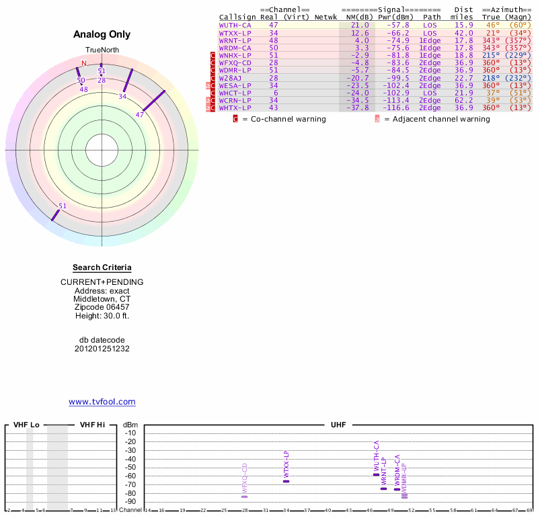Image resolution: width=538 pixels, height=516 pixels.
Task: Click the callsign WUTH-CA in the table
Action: (x=235, y=25)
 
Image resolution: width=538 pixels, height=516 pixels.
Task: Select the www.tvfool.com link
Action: (x=102, y=402)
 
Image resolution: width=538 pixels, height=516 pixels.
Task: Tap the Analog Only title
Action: (x=102, y=34)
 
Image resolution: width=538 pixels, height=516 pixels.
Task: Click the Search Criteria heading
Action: (x=102, y=267)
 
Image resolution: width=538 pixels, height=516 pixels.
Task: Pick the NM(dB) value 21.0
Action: (x=360, y=25)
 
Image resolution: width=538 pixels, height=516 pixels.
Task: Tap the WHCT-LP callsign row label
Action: (x=235, y=93)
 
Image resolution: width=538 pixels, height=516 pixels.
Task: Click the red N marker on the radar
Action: (x=84, y=63)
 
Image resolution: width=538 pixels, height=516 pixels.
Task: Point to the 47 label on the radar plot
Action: (x=140, y=115)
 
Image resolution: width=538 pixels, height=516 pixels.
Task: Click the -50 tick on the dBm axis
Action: (x=130, y=468)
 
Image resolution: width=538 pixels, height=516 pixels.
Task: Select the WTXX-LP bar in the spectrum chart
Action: (x=286, y=481)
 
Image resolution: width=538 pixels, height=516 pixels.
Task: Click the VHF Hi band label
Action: (x=93, y=425)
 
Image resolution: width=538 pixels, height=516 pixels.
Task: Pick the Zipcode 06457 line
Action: (x=102, y=306)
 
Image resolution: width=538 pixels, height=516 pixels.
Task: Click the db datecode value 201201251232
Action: (x=102, y=349)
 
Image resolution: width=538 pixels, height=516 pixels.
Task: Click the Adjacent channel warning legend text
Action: (x=436, y=119)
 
